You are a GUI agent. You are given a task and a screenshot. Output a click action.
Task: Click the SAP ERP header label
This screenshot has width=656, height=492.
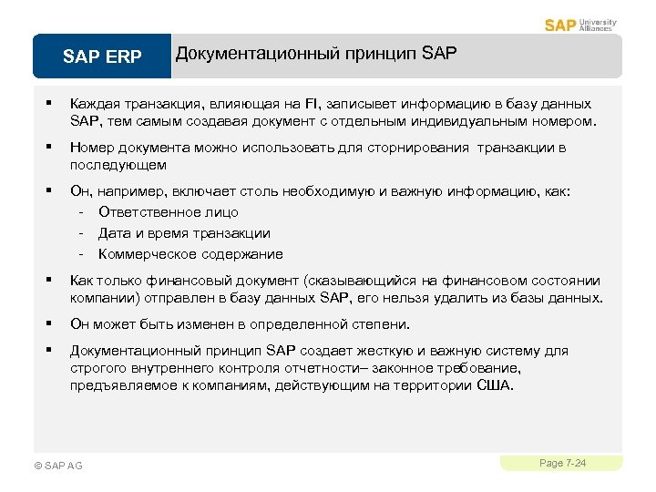102,56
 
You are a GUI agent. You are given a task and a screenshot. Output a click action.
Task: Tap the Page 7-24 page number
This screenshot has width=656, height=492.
562,464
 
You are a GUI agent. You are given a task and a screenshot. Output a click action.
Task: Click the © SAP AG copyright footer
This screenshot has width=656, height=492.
57,466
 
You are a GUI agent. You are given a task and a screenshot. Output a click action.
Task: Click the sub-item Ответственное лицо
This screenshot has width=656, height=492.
169,212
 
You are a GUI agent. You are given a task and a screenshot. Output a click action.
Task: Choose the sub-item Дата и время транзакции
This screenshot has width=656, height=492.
184,233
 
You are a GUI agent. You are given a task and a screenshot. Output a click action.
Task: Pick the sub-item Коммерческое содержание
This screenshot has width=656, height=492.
190,254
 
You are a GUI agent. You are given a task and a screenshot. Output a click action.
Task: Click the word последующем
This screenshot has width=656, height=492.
118,165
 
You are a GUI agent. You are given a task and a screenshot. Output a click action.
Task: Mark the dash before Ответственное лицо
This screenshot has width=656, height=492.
82,212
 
